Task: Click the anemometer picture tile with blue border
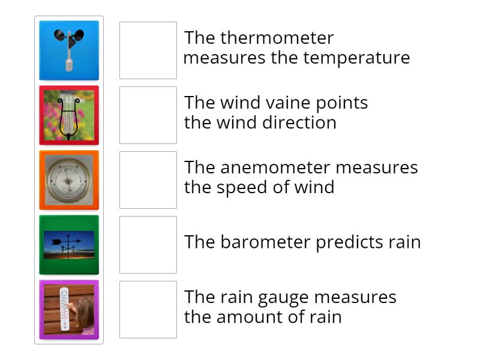click(x=69, y=50)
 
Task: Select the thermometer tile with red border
click(x=69, y=115)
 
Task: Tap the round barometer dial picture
click(x=69, y=180)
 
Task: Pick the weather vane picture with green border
click(x=69, y=245)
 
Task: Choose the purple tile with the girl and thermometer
click(x=69, y=310)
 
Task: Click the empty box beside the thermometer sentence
click(x=148, y=50)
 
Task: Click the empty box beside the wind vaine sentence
click(x=148, y=115)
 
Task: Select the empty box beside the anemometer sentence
click(x=148, y=180)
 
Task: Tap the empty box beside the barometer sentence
click(x=148, y=245)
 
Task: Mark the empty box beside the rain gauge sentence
click(x=148, y=310)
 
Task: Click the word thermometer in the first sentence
click(x=277, y=38)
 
